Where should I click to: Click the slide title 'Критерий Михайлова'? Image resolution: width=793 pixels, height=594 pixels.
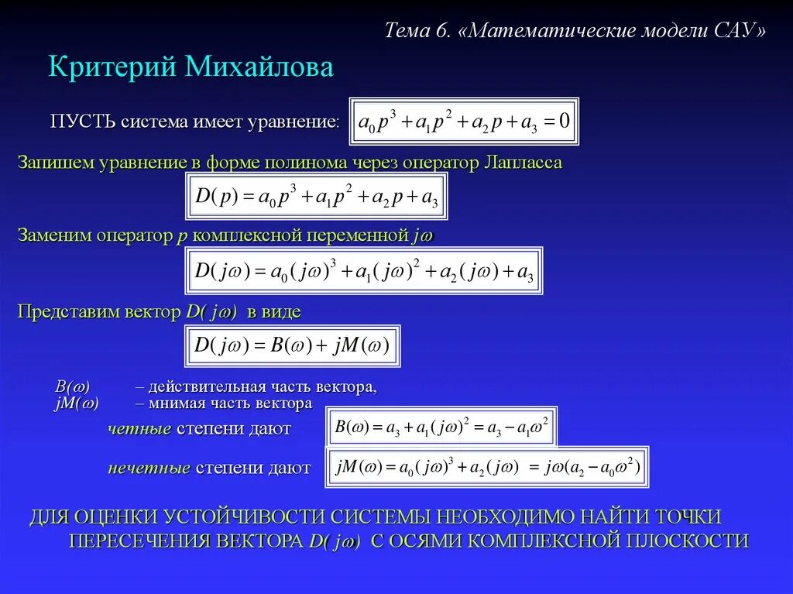click(191, 67)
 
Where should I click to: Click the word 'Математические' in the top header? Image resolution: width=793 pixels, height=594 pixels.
click(551, 31)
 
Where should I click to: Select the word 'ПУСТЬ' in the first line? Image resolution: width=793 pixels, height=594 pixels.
click(83, 122)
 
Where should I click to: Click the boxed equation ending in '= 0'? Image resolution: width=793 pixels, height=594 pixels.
click(463, 121)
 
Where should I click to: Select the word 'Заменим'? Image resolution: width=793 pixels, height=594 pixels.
click(54, 235)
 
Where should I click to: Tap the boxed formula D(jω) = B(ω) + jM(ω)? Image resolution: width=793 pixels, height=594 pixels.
click(292, 345)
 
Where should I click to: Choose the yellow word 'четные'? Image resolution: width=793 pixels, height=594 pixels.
click(139, 428)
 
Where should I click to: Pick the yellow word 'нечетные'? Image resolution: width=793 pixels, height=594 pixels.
click(149, 468)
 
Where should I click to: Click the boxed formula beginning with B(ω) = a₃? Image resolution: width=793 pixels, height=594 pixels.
click(440, 427)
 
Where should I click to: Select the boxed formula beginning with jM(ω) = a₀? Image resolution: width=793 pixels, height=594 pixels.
click(486, 467)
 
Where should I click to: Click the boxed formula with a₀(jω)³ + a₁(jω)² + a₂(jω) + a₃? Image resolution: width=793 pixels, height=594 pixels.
click(363, 271)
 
